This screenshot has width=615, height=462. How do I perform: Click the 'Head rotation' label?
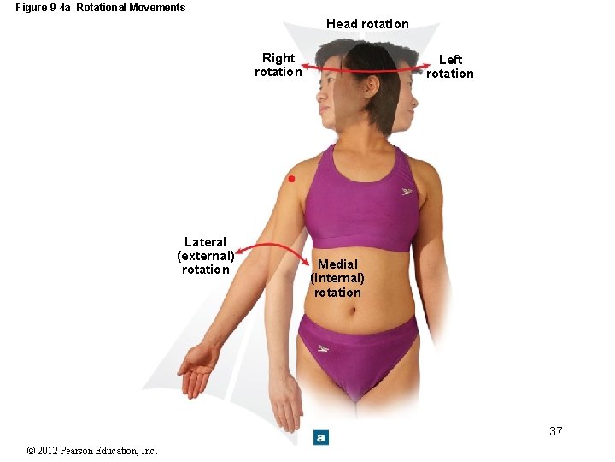(367, 24)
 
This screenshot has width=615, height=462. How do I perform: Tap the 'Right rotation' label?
(278, 65)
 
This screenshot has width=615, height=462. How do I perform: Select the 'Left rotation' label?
(450, 66)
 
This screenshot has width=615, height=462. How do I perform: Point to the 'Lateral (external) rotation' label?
(206, 256)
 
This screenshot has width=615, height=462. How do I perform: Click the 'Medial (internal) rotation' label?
(337, 278)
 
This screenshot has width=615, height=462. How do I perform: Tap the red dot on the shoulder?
(291, 179)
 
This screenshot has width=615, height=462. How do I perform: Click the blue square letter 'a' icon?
(320, 437)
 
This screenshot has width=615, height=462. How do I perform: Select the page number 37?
(556, 431)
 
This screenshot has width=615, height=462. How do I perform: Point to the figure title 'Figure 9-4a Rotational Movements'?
(100, 8)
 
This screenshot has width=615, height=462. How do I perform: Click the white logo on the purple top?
(408, 191)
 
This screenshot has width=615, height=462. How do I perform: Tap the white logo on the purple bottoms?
(324, 348)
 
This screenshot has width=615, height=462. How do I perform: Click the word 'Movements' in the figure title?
(156, 8)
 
